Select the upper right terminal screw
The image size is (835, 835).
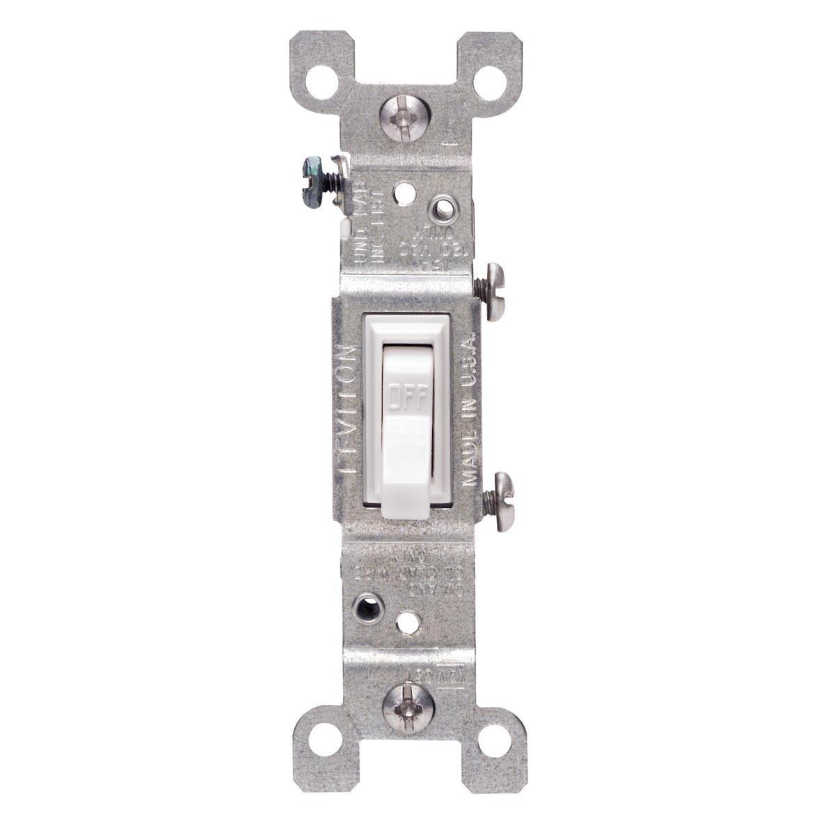(x=493, y=290)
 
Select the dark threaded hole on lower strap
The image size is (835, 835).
(x=367, y=608)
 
